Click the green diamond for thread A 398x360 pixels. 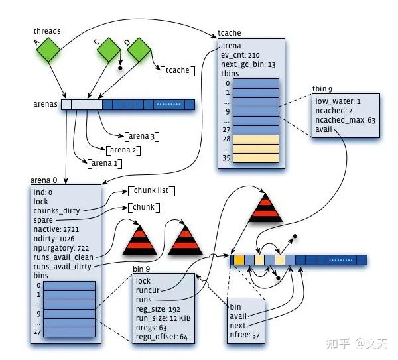48,50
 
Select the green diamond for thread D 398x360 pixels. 139,50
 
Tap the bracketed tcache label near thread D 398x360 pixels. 178,70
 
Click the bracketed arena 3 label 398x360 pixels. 142,137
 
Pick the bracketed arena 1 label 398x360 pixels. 105,163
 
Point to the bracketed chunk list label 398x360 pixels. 151,190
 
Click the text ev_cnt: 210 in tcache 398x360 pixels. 240,55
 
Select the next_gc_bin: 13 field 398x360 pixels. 248,64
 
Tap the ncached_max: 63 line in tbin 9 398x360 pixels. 345,120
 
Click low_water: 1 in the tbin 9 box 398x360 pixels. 338,101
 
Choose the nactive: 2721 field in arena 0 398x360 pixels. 56,229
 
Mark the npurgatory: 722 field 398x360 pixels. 61,248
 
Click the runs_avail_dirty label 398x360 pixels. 62,267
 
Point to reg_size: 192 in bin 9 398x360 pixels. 158,309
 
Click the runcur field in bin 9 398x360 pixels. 147,290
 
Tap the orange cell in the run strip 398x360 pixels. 239,260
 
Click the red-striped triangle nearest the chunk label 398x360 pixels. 139,240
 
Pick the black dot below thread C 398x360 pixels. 120,68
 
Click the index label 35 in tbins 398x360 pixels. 226,158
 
